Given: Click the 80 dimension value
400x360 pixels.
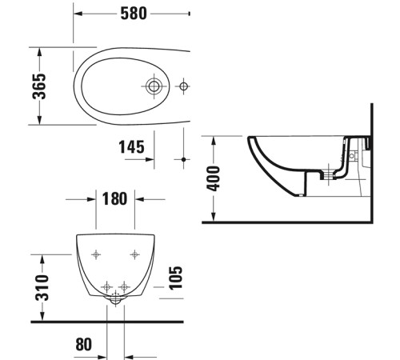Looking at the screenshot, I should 83,344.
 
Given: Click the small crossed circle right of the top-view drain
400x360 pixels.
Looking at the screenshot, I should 184,85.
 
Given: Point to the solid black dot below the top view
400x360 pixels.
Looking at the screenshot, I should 184,160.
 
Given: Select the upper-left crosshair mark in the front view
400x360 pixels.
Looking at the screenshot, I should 96,255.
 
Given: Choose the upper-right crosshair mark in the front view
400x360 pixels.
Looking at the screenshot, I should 134,255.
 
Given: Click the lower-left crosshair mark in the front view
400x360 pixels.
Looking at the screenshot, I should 108,286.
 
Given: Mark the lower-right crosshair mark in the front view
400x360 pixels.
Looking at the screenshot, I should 126,286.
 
